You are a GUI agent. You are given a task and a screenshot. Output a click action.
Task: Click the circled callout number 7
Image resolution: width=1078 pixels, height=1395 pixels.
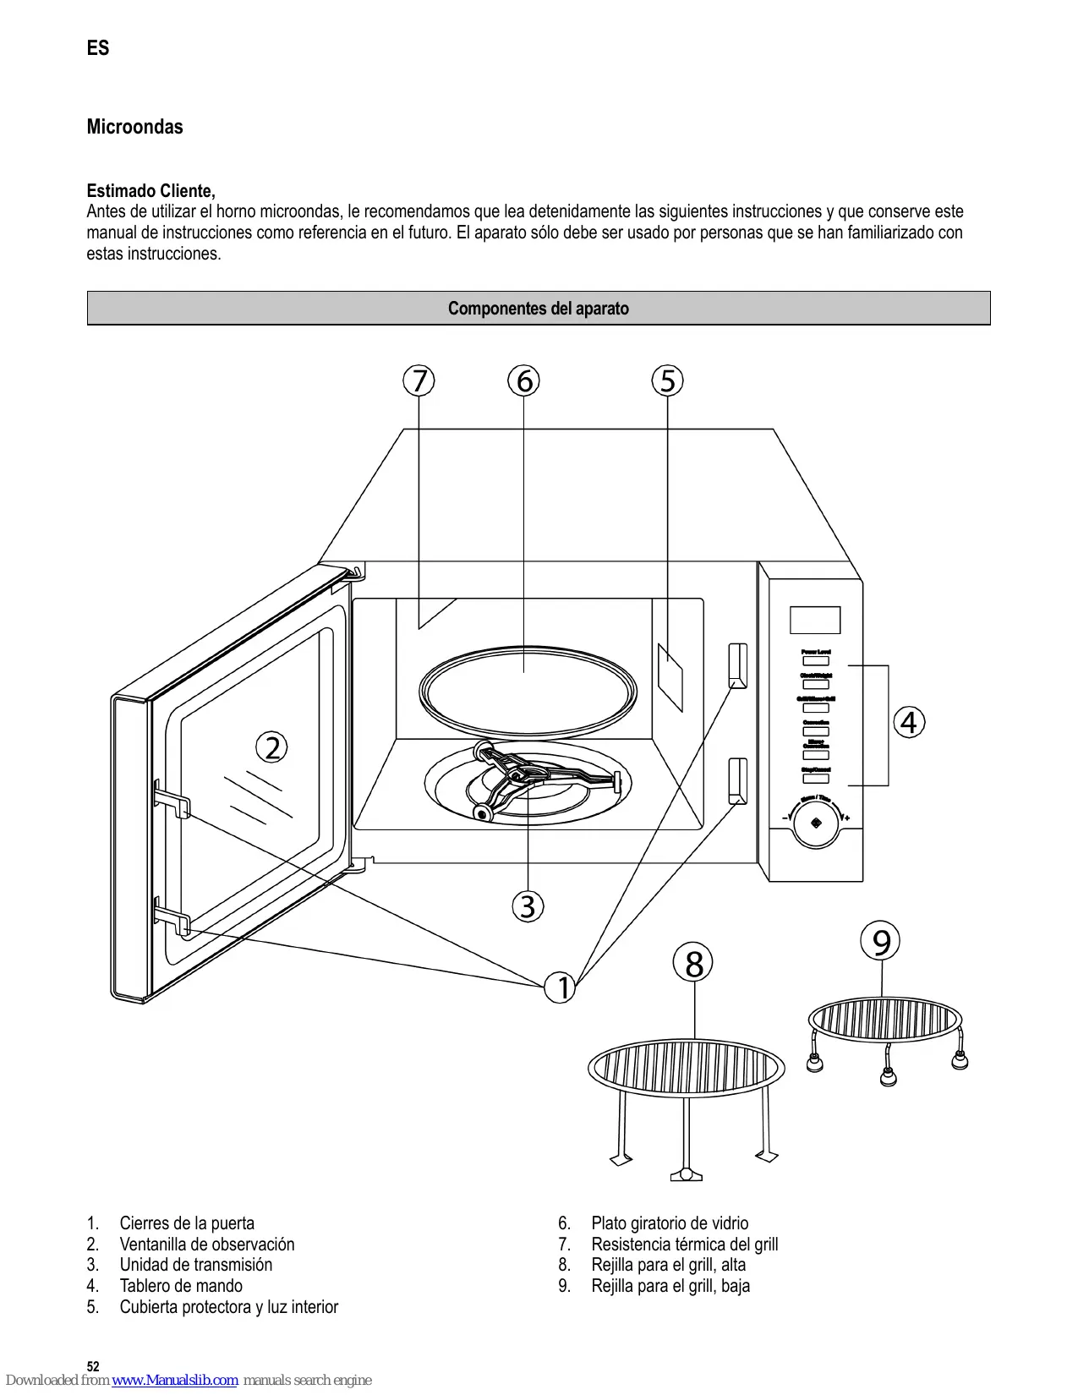[419, 380]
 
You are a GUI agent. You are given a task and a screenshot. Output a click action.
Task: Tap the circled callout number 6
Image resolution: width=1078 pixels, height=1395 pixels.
[524, 380]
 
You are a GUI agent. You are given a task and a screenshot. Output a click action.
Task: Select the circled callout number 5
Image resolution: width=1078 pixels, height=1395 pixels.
[668, 380]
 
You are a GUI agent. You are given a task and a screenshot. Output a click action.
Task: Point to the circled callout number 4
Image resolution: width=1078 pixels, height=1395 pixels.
[909, 723]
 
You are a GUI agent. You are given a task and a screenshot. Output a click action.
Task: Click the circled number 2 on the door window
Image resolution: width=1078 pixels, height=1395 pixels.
[272, 747]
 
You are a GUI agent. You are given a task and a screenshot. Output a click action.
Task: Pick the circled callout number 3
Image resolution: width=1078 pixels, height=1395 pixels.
[528, 906]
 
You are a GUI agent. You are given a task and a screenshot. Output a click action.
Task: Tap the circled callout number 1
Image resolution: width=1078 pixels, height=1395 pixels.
[561, 987]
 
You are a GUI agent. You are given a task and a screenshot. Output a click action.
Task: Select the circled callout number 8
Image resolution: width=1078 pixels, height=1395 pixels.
[693, 963]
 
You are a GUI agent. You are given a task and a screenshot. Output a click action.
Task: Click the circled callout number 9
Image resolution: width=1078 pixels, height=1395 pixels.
[881, 941]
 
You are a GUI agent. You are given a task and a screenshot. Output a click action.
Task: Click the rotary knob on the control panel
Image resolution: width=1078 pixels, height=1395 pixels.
[816, 822]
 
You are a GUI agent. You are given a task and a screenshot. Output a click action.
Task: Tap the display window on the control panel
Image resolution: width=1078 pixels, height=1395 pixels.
[815, 620]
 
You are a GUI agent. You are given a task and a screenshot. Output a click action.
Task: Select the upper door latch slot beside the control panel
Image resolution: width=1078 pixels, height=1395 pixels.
[738, 665]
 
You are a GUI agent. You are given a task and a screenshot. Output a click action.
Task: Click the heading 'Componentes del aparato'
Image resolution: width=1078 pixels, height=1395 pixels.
[539, 309]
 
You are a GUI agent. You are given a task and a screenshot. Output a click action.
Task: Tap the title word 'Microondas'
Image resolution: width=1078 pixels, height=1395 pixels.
[135, 127]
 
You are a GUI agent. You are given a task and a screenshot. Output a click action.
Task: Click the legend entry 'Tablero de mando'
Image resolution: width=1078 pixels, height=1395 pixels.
[181, 1286]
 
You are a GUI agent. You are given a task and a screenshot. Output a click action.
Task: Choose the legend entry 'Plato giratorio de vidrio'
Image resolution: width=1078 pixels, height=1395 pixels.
[670, 1223]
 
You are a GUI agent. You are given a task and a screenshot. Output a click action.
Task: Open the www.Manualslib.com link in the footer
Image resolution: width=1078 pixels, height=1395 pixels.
[175, 1381]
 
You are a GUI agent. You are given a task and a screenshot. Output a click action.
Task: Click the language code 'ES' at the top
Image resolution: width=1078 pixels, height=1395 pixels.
[98, 48]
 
